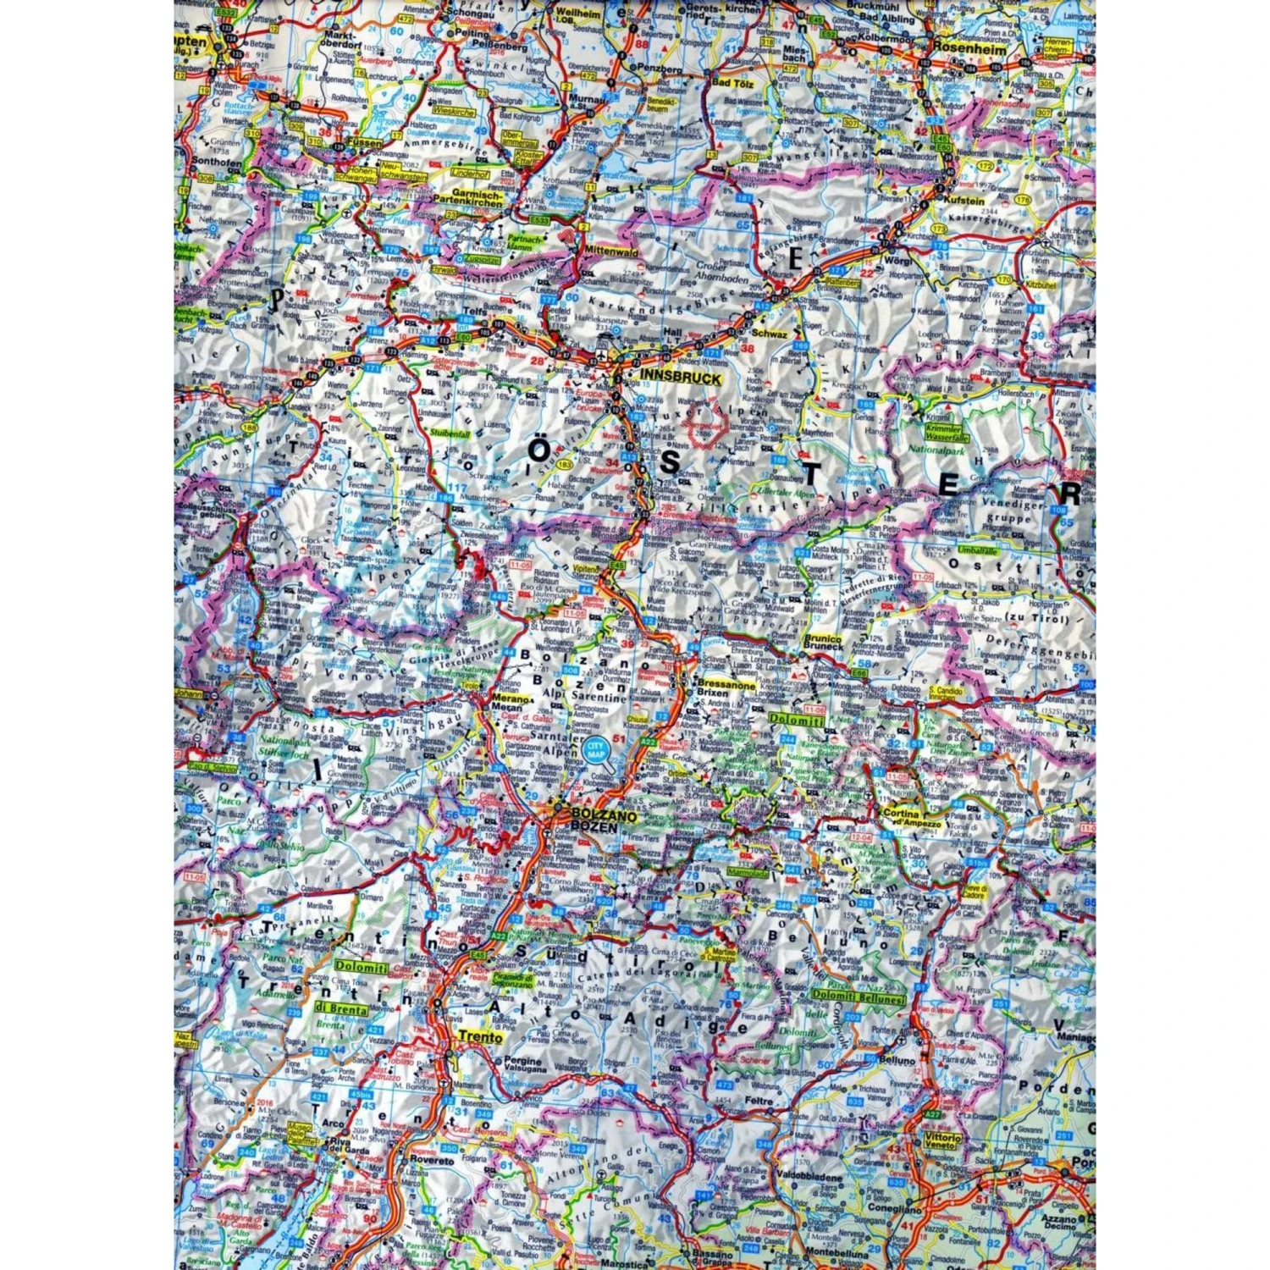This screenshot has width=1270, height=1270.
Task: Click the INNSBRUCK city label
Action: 681,378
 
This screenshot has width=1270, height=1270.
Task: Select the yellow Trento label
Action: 480,1036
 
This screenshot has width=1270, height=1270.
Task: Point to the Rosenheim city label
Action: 969,50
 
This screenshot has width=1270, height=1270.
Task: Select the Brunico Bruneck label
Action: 823,642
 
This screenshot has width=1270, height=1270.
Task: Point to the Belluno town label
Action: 897,1060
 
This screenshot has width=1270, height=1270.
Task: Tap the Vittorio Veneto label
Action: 942,1142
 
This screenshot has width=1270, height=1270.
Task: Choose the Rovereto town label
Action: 432,1161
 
